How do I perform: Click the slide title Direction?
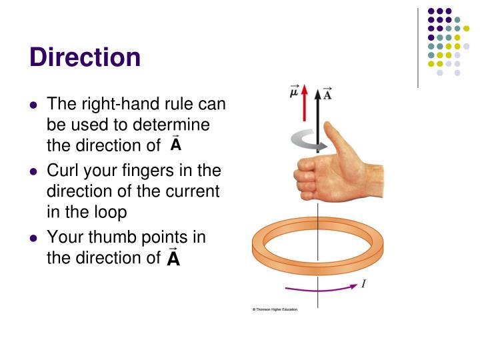point(85,57)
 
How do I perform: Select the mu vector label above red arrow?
point(294,92)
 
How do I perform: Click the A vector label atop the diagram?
point(327,94)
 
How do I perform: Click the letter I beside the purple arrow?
point(363,285)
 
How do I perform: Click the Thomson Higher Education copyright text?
point(275,310)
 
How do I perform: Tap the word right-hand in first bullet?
point(113,104)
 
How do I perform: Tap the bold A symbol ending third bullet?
point(173,257)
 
